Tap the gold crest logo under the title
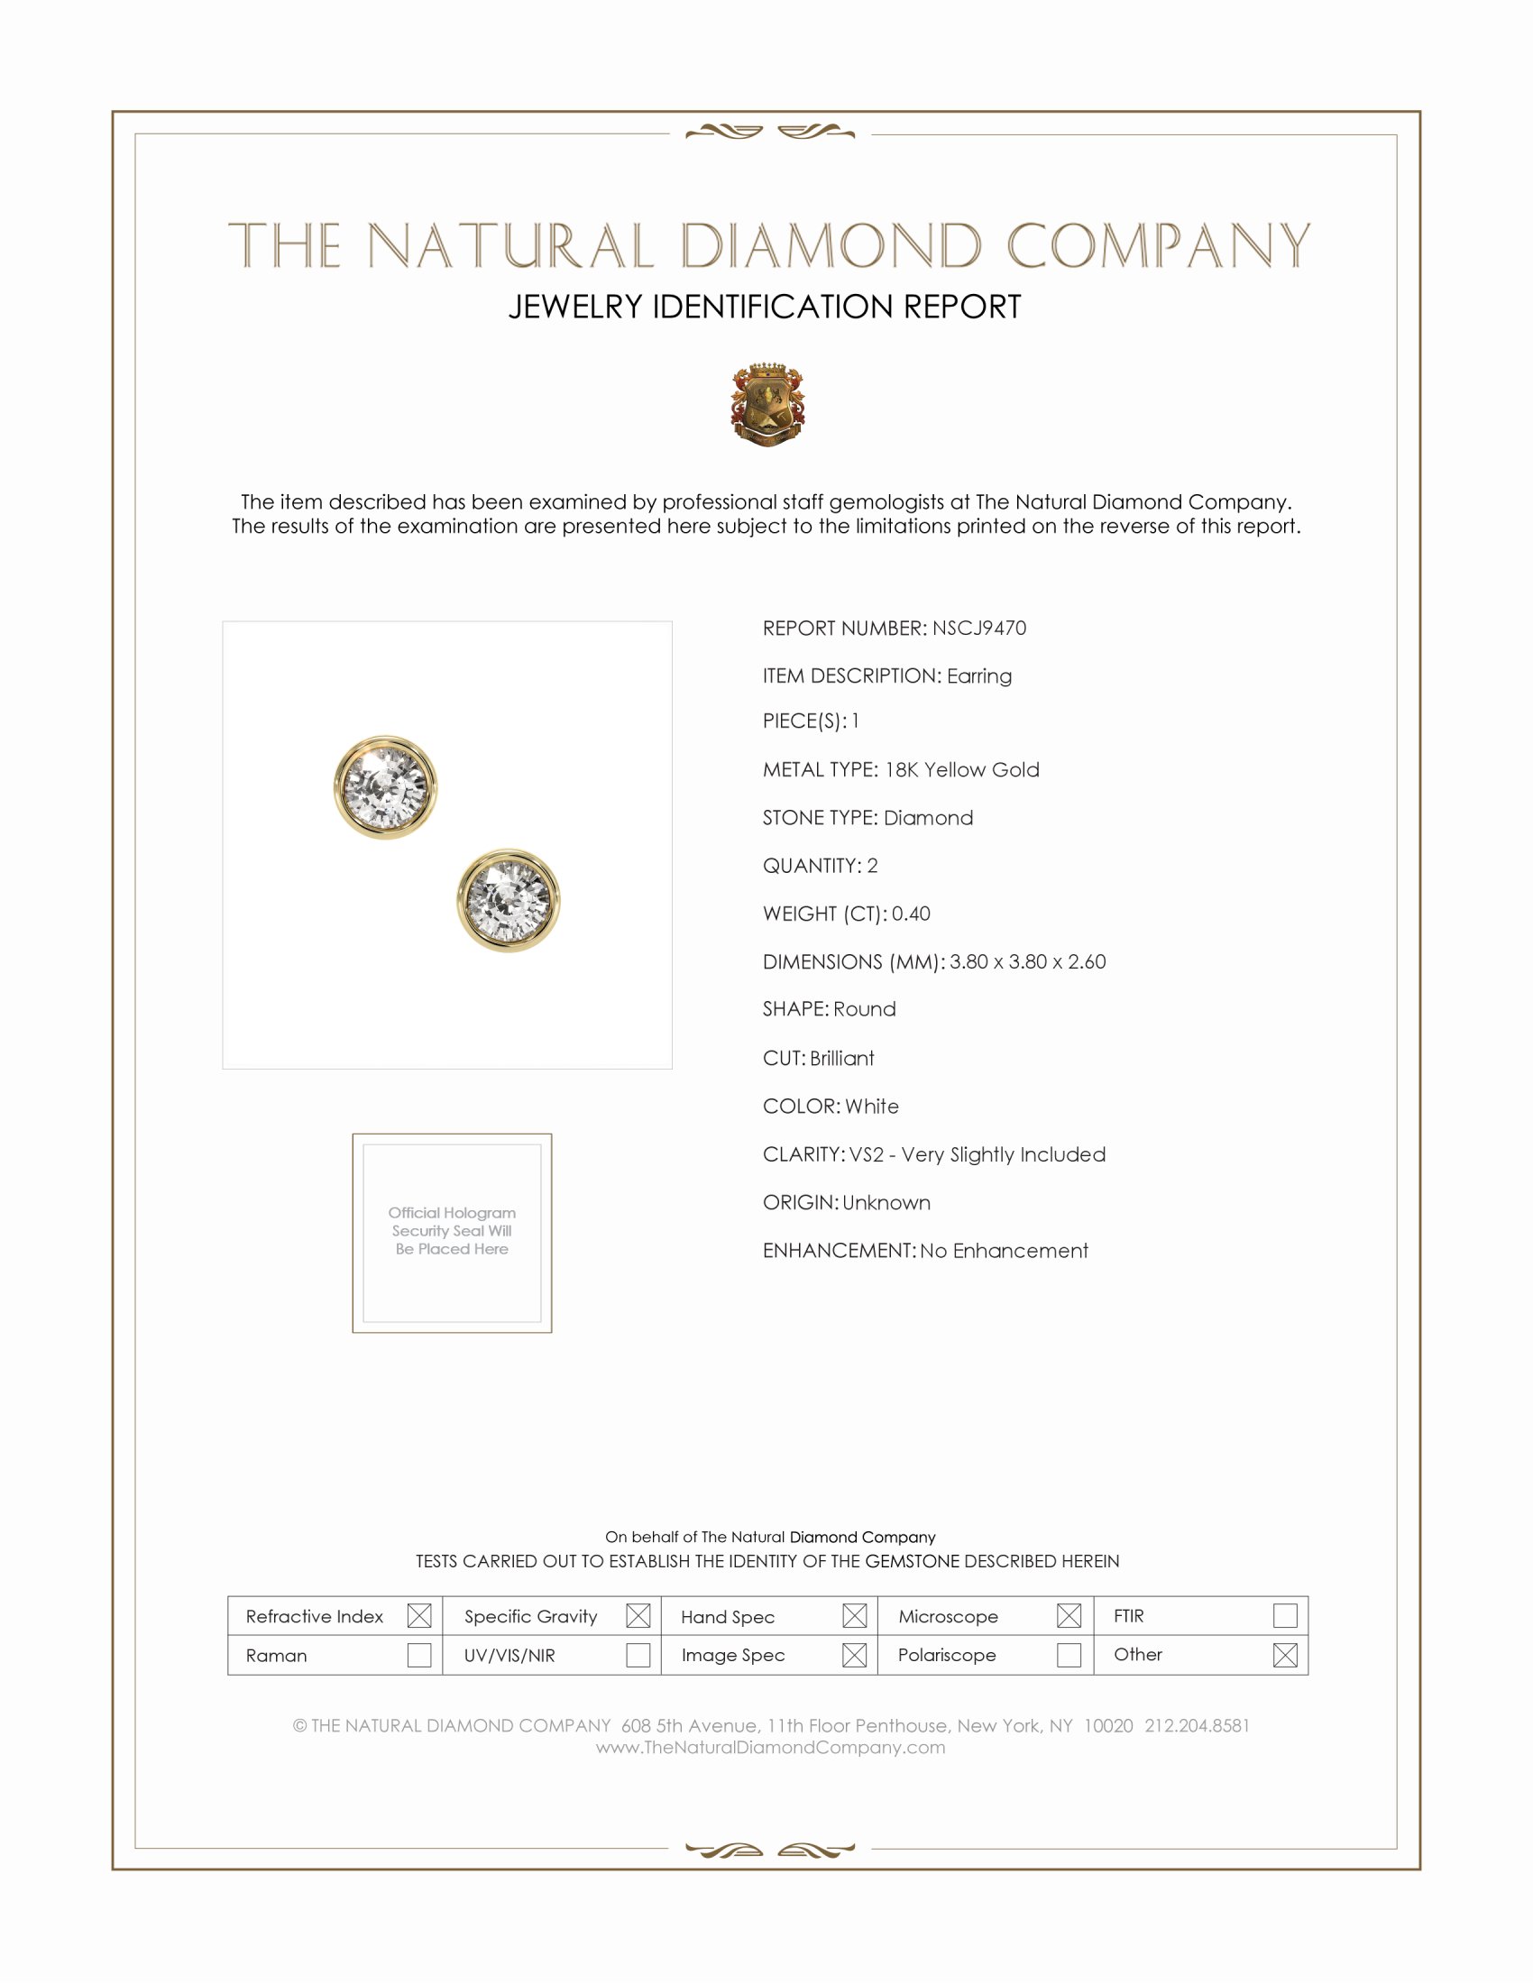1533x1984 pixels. point(767,405)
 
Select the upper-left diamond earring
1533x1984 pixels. point(385,786)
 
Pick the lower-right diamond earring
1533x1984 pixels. point(508,900)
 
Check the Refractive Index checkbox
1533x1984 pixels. point(418,1615)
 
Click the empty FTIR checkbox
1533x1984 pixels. point(1284,1615)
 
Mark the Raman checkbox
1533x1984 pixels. point(418,1654)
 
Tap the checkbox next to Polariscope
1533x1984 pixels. point(1069,1654)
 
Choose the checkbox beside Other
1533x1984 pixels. point(1284,1654)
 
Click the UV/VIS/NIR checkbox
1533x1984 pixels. point(638,1654)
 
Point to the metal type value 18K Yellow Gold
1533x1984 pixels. point(962,769)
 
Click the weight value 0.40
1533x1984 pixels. point(911,913)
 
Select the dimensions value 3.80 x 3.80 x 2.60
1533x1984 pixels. point(1027,961)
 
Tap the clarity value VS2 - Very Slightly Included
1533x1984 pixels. point(978,1153)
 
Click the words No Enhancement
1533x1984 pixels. point(1004,1250)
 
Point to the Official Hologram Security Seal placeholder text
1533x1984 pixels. point(452,1230)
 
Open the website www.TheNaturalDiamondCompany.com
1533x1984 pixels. point(770,1747)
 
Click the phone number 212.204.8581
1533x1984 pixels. point(1197,1725)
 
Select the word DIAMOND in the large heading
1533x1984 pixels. point(831,246)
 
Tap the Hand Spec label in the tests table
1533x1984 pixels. point(728,1617)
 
